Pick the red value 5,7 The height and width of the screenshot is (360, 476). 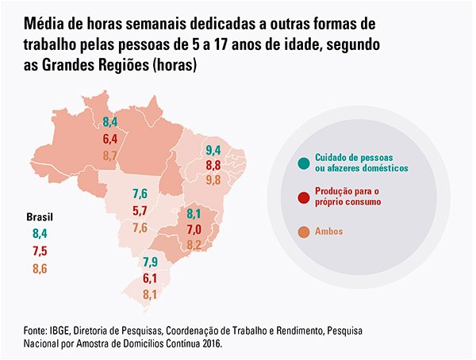pyautogui.click(x=140, y=211)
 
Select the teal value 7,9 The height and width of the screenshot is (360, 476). pyautogui.click(x=150, y=262)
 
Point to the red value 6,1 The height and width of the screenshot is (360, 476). pyautogui.click(x=150, y=278)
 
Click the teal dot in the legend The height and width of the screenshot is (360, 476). pyautogui.click(x=303, y=163)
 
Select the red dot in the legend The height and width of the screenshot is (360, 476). pyautogui.click(x=303, y=197)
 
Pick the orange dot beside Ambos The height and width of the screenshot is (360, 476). pyautogui.click(x=303, y=231)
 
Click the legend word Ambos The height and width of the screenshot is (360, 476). pyautogui.click(x=329, y=231)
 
